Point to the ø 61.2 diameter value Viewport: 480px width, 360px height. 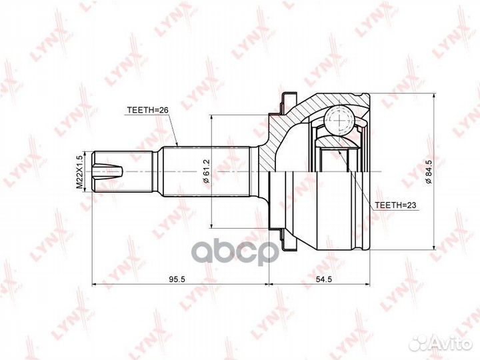click(x=206, y=171)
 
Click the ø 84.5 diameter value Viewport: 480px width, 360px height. click(x=427, y=171)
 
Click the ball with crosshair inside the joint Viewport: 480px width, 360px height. click(x=340, y=122)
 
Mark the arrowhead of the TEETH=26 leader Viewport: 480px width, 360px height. click(x=177, y=143)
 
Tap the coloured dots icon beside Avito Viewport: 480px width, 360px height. click(x=419, y=342)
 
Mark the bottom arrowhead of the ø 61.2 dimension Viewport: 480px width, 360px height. click(x=211, y=227)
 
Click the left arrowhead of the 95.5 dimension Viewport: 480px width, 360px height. click(x=93, y=285)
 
